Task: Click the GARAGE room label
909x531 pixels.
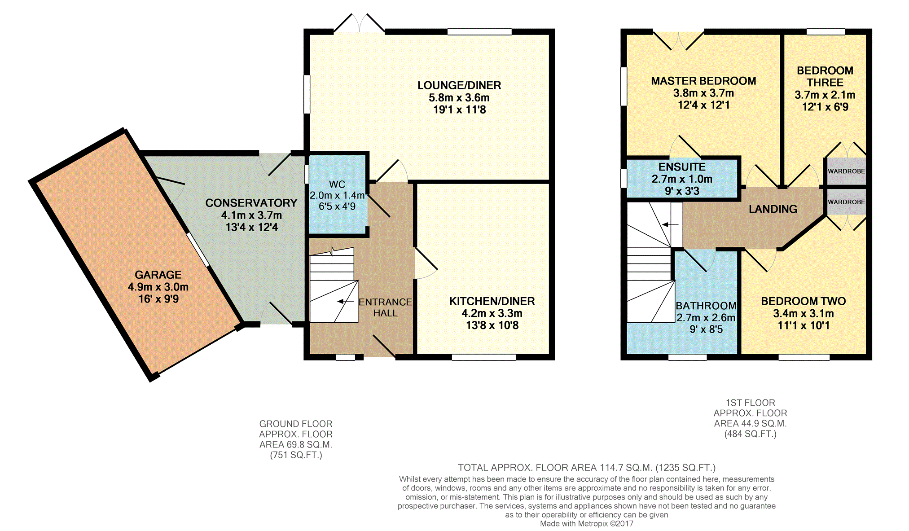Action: tap(158, 275)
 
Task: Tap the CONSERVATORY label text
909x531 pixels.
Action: tap(251, 203)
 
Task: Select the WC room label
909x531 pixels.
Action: tap(337, 184)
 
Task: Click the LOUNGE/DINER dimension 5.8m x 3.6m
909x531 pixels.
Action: tap(459, 97)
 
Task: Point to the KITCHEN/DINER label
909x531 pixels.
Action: tap(492, 301)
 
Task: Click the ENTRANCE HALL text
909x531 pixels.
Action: tap(385, 307)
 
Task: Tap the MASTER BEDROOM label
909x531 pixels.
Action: tap(703, 81)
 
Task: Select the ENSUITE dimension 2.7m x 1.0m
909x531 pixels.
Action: tap(682, 179)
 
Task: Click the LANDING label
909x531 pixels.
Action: tap(773, 209)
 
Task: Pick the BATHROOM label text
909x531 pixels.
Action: tap(706, 306)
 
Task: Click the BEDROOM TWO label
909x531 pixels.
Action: tap(804, 301)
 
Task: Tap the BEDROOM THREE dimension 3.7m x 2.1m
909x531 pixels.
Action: tap(825, 95)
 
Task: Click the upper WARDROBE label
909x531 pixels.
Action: tap(846, 171)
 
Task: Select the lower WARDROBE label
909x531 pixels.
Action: tap(846, 202)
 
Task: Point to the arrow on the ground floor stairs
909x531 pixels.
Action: tap(345, 302)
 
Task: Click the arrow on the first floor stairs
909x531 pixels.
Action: tap(670, 224)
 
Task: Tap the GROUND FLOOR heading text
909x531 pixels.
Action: tap(296, 424)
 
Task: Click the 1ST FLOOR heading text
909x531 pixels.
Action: tap(751, 403)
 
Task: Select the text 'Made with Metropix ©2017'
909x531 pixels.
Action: tap(587, 523)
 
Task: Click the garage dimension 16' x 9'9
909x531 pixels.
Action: tap(158, 299)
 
